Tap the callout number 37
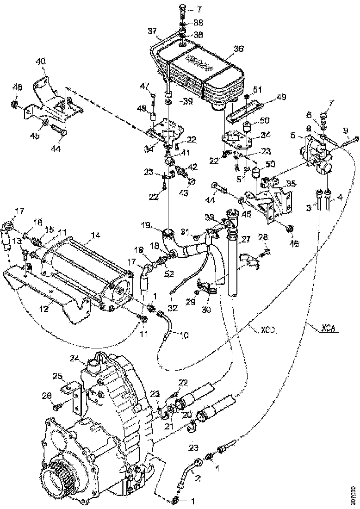tap(153, 31)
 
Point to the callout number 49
tap(281, 97)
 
